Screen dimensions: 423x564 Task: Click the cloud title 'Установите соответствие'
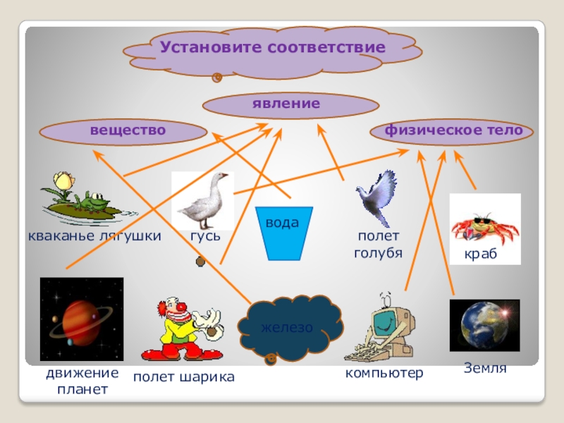tap(272, 49)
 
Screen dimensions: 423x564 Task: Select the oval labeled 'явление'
tap(291, 105)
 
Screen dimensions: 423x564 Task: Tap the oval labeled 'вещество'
tap(123, 131)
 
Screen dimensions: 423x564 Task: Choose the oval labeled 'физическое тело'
tap(453, 131)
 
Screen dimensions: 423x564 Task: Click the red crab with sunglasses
tap(484, 227)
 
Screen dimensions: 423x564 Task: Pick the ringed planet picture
tap(81, 319)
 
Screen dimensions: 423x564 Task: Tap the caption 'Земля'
tap(485, 367)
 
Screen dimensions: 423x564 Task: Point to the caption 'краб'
tap(481, 254)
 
